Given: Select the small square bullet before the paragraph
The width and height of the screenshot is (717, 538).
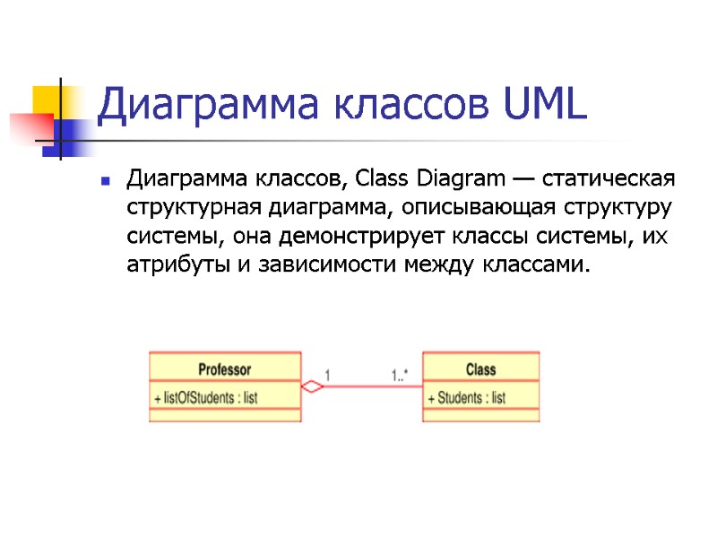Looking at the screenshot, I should coord(106,181).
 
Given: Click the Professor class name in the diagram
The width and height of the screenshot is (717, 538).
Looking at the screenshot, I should coord(224,369).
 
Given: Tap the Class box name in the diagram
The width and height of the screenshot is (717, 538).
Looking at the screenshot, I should coord(480,369).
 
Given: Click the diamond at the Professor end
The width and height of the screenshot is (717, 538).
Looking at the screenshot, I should coord(312,387).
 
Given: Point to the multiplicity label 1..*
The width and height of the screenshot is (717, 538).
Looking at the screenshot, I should coord(399,375).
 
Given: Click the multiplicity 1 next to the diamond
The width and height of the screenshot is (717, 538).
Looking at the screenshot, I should coord(329,375).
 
